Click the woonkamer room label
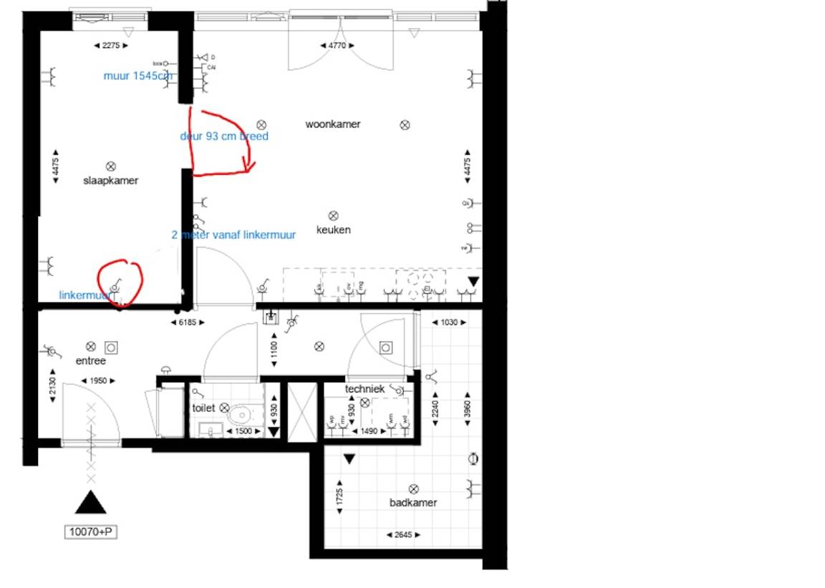(333, 125)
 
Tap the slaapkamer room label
(110, 180)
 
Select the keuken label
(334, 230)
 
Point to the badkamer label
(413, 503)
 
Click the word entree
(91, 361)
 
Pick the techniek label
(365, 389)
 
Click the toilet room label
(203, 408)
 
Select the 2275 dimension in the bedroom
(111, 46)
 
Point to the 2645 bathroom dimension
(402, 535)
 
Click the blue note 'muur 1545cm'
(137, 76)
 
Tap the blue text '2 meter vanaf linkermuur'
(233, 234)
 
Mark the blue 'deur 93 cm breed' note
(224, 136)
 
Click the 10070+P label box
(91, 532)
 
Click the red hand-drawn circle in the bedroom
(120, 283)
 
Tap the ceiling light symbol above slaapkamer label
(110, 166)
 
